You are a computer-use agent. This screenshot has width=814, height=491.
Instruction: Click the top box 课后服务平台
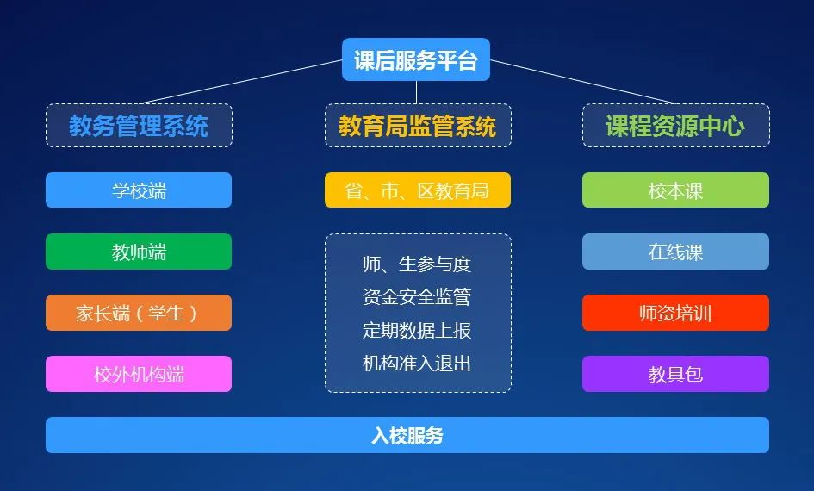pos(416,59)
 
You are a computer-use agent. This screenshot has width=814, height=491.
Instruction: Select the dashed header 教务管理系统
pos(140,126)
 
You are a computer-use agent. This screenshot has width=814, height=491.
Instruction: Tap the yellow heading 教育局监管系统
pos(418,126)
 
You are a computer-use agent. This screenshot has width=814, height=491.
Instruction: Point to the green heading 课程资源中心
pos(676,126)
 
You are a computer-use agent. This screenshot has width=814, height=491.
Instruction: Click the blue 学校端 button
pos(139,190)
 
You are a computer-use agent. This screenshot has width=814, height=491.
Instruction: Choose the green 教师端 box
pos(139,252)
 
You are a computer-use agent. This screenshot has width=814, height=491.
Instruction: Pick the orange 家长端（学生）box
pos(139,313)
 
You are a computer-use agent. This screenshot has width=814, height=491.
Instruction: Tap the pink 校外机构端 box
pos(139,374)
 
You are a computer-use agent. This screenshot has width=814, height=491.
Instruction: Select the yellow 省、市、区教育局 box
pos(418,190)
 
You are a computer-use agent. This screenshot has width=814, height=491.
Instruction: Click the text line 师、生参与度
pos(417,264)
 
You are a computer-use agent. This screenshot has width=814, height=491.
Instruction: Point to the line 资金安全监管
pos(417,297)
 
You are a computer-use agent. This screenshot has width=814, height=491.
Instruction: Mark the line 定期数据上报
pos(417,330)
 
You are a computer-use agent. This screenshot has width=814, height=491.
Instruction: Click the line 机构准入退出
pos(417,363)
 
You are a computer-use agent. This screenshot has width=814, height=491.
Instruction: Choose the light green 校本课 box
pos(675,190)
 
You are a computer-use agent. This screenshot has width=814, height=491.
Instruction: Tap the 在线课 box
pos(675,252)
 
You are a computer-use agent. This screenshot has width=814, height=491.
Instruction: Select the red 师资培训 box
pos(675,313)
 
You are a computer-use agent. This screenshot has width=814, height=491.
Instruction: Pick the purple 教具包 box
pos(675,374)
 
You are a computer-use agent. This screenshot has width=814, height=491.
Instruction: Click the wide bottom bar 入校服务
pos(407,435)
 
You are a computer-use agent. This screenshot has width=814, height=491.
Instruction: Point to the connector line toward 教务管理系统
pos(241,82)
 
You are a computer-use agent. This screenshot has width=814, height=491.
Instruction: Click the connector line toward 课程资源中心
pos(582,82)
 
